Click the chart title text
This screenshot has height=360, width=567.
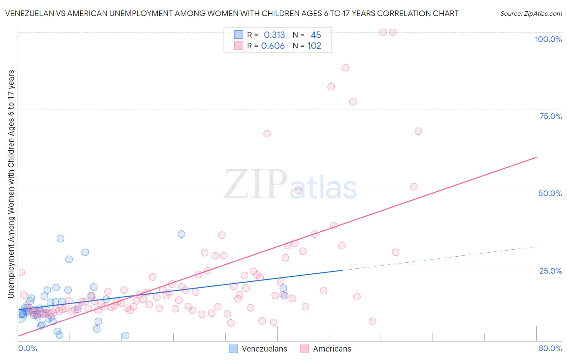click(x=232, y=13)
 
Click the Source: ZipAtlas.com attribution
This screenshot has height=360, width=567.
click(x=531, y=13)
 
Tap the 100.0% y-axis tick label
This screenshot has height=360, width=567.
click(x=548, y=39)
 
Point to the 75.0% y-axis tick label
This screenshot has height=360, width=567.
click(x=550, y=116)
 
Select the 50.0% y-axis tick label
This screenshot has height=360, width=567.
click(x=550, y=193)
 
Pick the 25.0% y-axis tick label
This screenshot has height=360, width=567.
click(x=550, y=271)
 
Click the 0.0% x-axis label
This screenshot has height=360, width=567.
click(x=27, y=348)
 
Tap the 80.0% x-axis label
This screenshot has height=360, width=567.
click(x=550, y=348)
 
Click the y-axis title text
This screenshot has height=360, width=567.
click(x=11, y=184)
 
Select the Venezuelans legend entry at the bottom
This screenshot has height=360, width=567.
click(x=258, y=349)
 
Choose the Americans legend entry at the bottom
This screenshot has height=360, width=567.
click(x=326, y=349)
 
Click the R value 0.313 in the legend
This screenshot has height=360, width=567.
click(x=274, y=35)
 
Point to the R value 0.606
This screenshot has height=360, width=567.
click(x=273, y=46)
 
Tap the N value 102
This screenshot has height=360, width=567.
click(x=314, y=46)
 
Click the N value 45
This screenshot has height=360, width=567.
click(x=316, y=35)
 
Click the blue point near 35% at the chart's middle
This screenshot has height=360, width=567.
click(x=181, y=234)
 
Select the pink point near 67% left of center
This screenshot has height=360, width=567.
click(x=267, y=134)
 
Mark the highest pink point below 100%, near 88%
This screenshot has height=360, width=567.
click(x=345, y=67)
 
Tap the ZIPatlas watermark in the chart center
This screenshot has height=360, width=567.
click(x=290, y=184)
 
